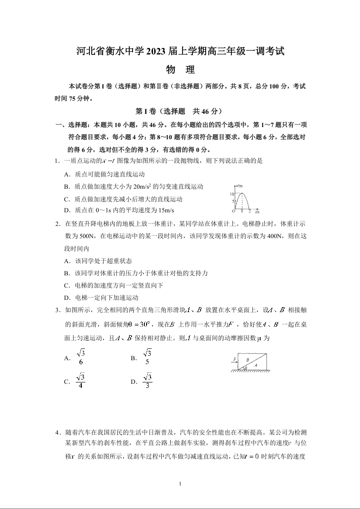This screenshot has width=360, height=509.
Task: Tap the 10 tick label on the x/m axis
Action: [231, 194]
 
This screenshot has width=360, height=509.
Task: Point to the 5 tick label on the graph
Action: [232, 201]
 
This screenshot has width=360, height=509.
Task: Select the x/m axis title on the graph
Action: [239, 186]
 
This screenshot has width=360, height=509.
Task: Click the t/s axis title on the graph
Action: [257, 212]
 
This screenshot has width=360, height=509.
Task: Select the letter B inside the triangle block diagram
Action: [247, 359]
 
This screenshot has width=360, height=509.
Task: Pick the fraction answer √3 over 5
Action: [147, 357]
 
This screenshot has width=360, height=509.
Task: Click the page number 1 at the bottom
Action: [180, 484]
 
